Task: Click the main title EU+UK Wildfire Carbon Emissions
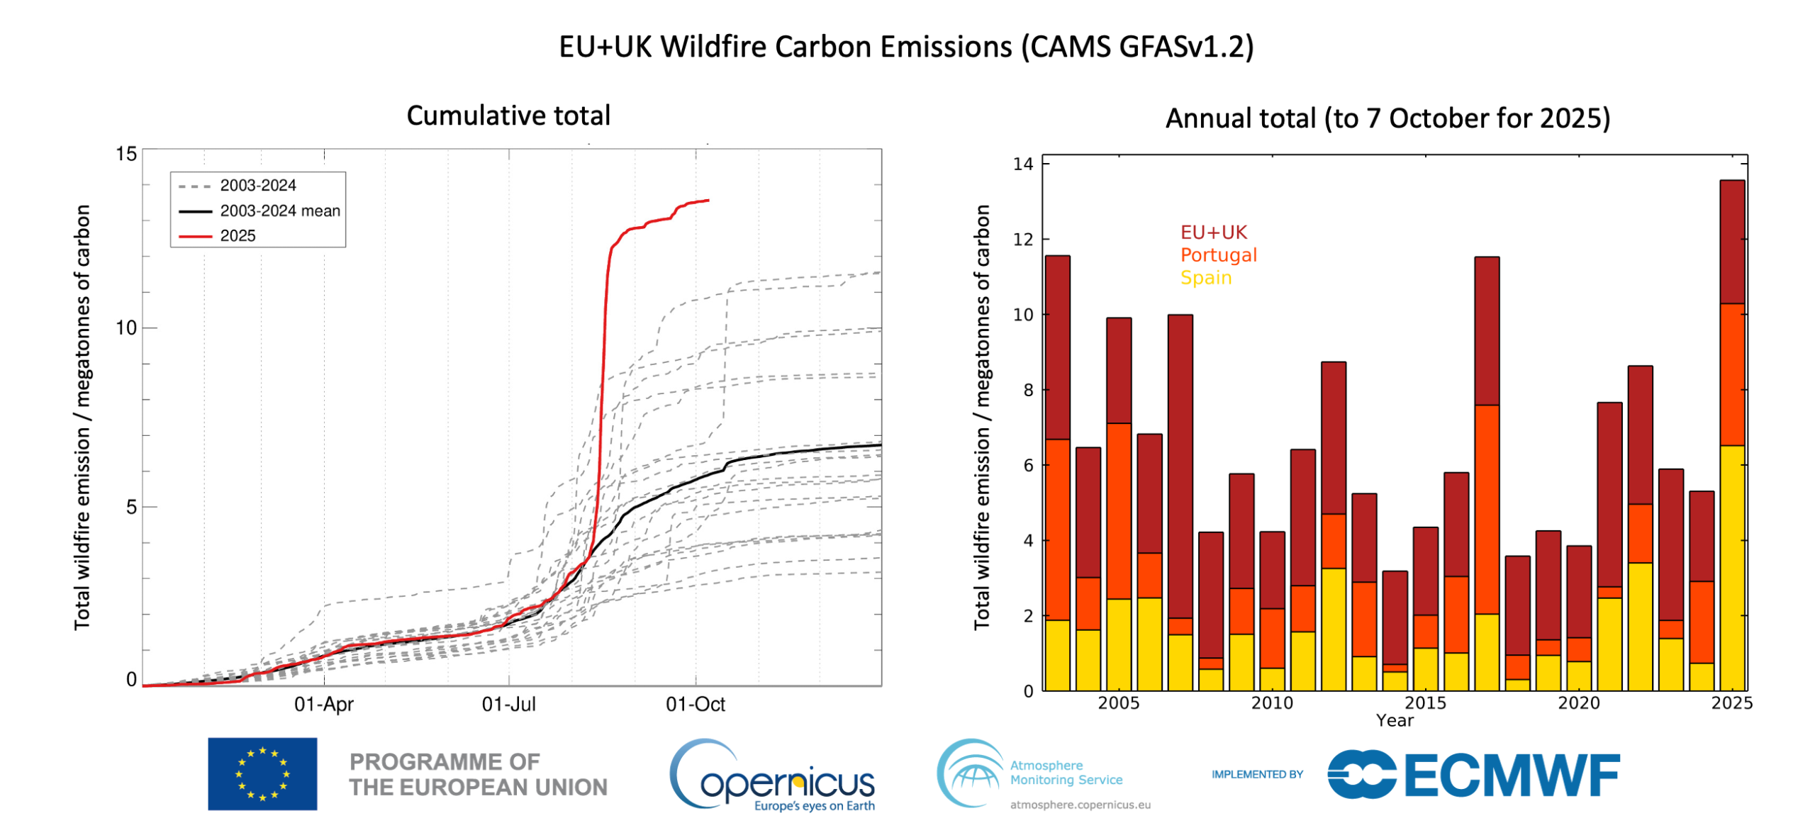click(x=905, y=47)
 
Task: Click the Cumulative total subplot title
click(x=508, y=116)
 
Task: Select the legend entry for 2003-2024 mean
click(x=279, y=211)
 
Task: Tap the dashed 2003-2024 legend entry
click(x=257, y=185)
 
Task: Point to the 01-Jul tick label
click(x=508, y=704)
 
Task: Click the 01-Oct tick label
click(x=695, y=704)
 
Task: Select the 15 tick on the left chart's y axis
click(x=126, y=154)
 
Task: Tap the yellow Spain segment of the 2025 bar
click(x=1731, y=567)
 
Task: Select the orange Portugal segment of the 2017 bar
click(x=1486, y=508)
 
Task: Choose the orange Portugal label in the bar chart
click(x=1217, y=254)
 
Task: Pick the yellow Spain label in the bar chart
click(x=1205, y=277)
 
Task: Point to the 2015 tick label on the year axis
click(x=1424, y=702)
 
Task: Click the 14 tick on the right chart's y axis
click(x=1022, y=164)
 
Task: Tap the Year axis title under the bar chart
click(x=1394, y=720)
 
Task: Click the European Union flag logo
click(x=262, y=773)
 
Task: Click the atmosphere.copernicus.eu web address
click(x=1079, y=805)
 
